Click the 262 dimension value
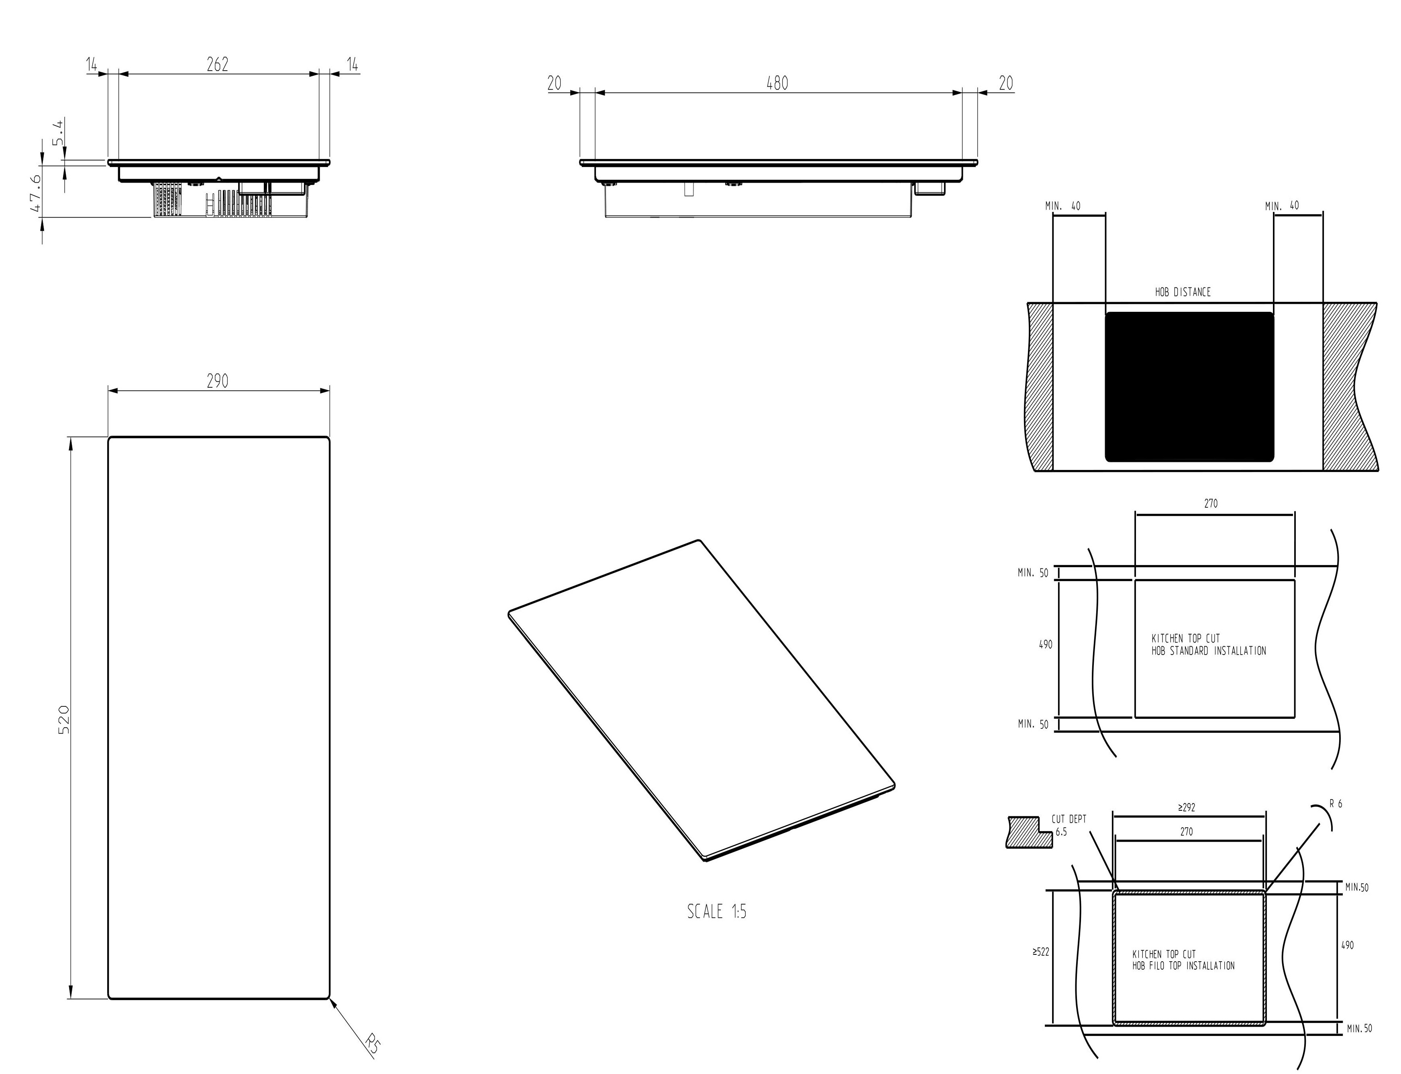click(x=217, y=64)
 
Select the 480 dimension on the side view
click(x=777, y=83)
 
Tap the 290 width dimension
click(x=217, y=381)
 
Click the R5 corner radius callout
click(x=373, y=1043)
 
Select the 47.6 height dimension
click(x=36, y=194)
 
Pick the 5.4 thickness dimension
click(x=58, y=132)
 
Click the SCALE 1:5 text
click(x=717, y=911)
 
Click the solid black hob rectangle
click(x=1189, y=387)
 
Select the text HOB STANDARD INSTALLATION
click(x=1209, y=651)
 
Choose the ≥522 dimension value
click(x=1040, y=952)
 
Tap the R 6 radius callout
click(x=1336, y=803)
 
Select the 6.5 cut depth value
click(x=1061, y=832)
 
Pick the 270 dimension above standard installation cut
click(x=1211, y=504)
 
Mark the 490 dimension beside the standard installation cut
click(x=1046, y=645)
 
